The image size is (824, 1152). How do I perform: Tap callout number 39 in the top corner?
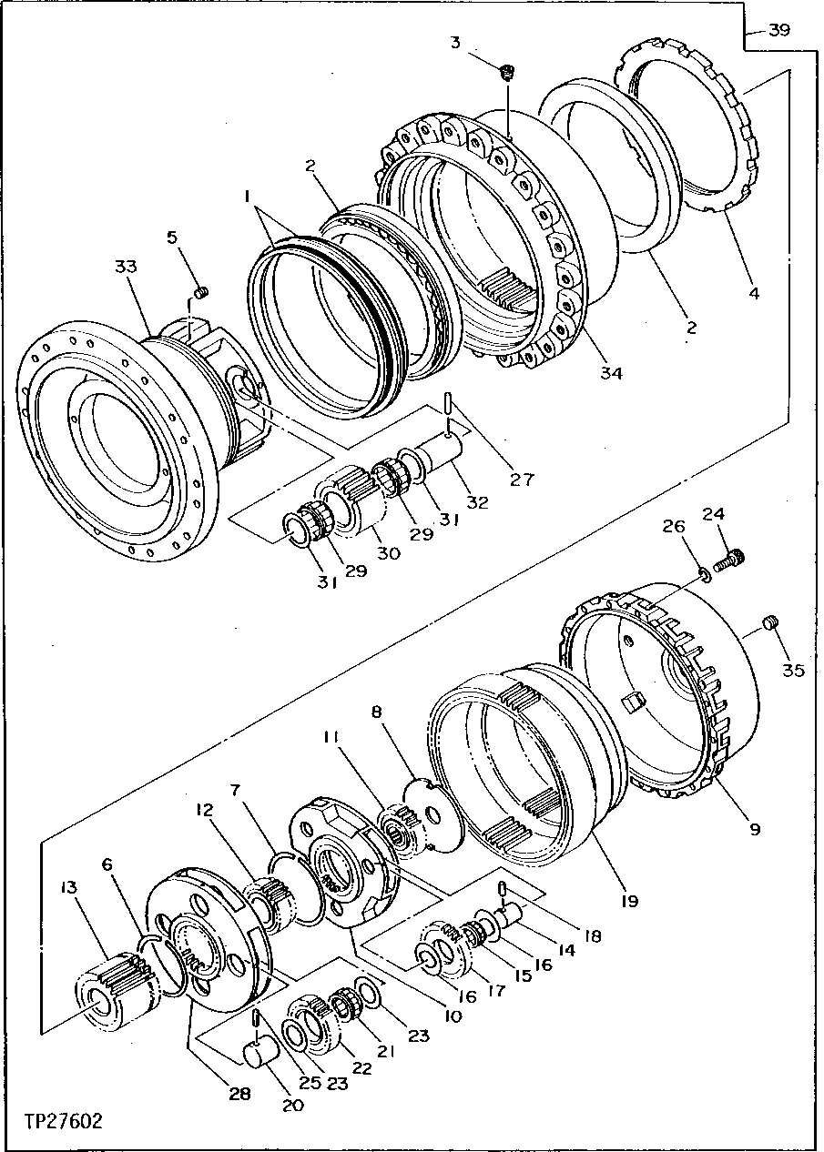tap(778, 30)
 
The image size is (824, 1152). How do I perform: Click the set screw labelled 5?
tap(202, 291)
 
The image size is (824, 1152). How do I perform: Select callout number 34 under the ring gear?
tap(610, 373)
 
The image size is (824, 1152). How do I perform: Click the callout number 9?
tap(754, 829)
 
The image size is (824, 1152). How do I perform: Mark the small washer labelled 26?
tap(702, 574)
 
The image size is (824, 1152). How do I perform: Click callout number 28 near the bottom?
tap(239, 1095)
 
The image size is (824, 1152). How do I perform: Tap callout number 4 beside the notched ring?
tap(752, 293)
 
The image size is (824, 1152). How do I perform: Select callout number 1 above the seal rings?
tap(246, 196)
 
